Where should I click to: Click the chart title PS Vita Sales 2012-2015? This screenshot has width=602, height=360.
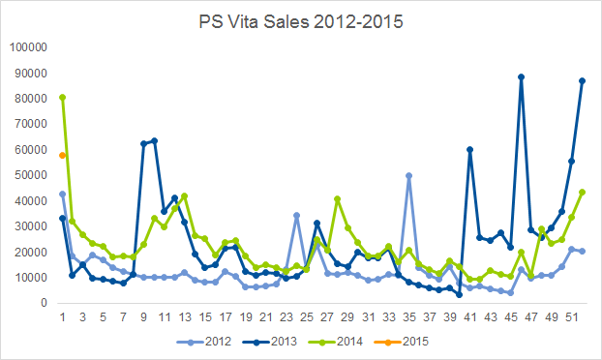coord(301,21)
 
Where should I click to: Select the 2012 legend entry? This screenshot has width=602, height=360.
coord(204,342)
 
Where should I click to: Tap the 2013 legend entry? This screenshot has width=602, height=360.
coord(270,342)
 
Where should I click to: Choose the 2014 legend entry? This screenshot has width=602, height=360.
coord(336,342)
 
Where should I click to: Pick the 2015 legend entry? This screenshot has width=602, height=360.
coord(402,342)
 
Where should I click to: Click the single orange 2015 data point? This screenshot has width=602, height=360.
coord(62,156)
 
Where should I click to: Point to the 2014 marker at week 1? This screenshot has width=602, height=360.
coord(62,98)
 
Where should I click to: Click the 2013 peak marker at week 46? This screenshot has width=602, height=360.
coord(521,77)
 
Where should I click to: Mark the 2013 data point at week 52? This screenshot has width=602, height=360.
coord(582,81)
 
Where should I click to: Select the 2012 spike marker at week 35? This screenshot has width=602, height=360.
coord(408,176)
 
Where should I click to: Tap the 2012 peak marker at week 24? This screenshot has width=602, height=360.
coord(296,215)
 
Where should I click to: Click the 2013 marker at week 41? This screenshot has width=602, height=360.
coord(470,150)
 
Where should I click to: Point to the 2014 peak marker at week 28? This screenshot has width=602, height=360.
coord(338,199)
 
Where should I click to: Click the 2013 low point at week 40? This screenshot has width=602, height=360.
coord(460,295)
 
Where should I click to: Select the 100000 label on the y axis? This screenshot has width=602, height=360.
coord(28,47)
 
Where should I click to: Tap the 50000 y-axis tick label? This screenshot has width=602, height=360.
coord(31,175)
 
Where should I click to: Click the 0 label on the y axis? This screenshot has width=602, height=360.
coord(44,303)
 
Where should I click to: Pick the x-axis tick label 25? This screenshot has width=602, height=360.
coord(307,317)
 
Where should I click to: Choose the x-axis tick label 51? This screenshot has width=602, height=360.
coord(572,317)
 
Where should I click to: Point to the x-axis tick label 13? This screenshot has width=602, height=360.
coord(185,317)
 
